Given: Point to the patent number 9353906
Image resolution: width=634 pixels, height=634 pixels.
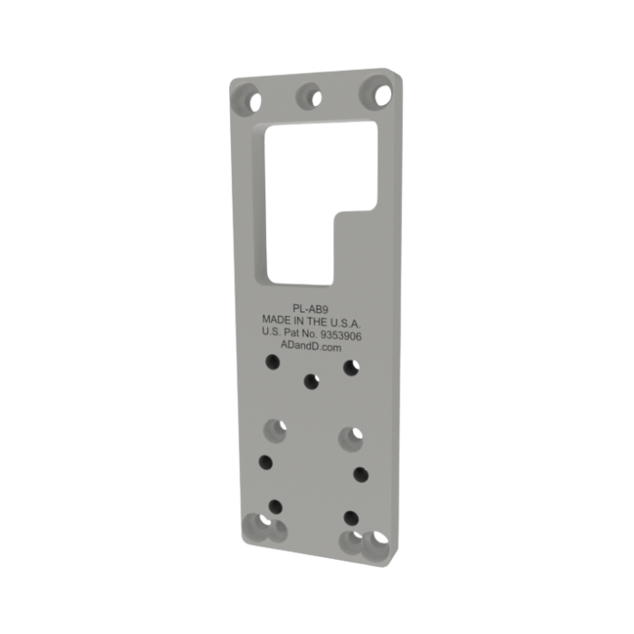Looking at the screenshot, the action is [341, 335].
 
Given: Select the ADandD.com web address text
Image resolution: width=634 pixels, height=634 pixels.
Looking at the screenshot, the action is [311, 347].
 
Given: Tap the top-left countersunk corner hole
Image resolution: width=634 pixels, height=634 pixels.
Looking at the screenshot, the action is [246, 99].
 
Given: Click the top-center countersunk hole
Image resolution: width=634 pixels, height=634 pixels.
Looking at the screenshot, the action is [310, 96].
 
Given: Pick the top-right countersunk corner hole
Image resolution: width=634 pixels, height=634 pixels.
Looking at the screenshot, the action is [376, 92].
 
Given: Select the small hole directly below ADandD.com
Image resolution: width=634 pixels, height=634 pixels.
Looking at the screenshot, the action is [311, 381].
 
